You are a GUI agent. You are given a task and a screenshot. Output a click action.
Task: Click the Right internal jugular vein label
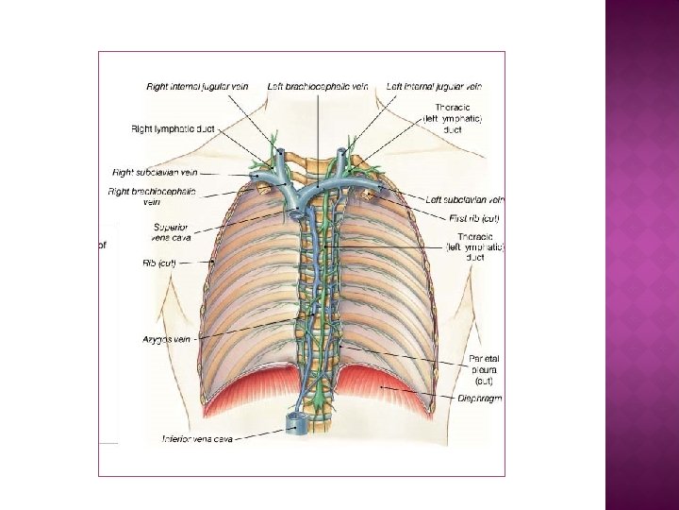(x=197, y=86)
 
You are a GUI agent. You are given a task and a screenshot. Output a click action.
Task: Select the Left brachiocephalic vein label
(x=317, y=86)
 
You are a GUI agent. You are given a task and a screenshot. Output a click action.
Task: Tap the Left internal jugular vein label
(x=434, y=86)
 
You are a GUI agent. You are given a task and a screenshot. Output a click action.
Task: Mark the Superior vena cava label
(x=171, y=231)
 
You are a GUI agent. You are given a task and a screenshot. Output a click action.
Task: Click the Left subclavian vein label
(x=465, y=199)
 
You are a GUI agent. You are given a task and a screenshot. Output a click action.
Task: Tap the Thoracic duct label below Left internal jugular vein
(x=458, y=119)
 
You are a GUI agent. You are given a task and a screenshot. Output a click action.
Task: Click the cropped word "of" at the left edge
(x=103, y=245)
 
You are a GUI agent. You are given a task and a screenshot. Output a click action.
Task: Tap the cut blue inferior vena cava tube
(x=298, y=423)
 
